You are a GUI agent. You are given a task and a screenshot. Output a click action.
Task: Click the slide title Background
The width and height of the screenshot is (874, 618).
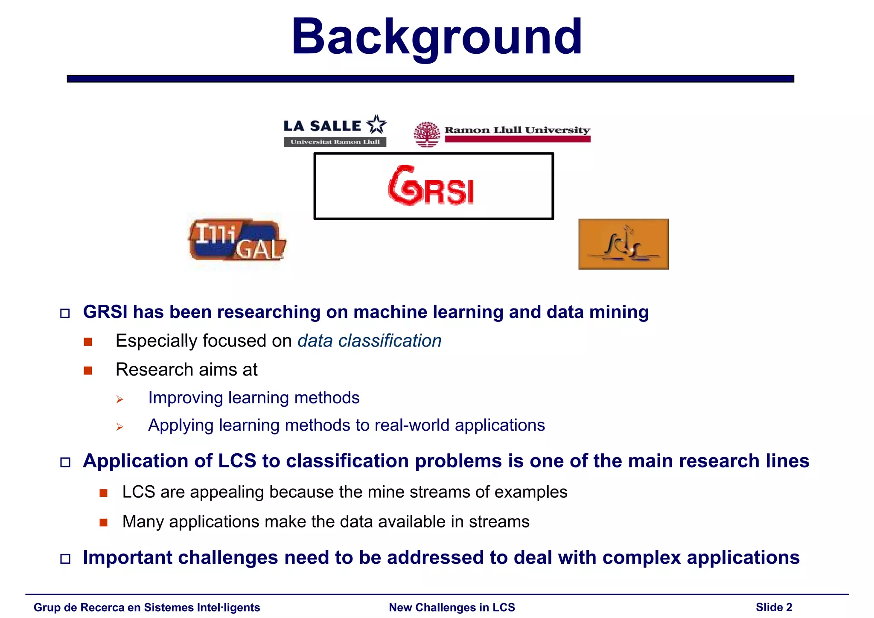coord(437,38)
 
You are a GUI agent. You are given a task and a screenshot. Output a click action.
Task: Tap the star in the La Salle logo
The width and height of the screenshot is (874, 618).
coord(376,125)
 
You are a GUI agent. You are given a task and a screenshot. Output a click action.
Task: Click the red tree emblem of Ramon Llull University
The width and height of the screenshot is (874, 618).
coord(427,134)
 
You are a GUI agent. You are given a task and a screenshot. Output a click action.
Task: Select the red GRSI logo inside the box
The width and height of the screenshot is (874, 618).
coord(431,187)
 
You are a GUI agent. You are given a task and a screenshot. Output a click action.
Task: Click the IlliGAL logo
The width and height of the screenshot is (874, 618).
coord(237,240)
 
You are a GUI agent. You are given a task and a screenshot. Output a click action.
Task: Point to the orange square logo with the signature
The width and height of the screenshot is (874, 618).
coord(623,244)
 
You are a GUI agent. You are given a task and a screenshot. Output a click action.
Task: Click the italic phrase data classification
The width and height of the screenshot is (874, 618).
coord(369,341)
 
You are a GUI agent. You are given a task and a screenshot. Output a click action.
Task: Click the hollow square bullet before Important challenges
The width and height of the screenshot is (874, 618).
coord(65,559)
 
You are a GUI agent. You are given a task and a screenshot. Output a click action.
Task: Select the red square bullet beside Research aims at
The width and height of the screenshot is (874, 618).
coord(88,370)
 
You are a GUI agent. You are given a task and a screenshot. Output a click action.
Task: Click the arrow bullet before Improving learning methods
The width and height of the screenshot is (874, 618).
coord(119,399)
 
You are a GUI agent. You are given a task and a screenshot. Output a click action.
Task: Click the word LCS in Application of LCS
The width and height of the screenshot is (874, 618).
coord(237,461)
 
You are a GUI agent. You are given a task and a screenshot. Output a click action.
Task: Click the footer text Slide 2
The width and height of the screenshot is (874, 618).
coord(774,607)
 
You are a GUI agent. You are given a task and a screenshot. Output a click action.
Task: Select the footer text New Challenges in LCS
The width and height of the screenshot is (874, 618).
coord(452,607)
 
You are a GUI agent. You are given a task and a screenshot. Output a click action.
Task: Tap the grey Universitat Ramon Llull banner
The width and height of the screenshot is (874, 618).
coord(335,142)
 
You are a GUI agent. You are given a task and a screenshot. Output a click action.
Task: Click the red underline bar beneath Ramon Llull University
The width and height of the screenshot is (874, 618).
coord(517,139)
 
